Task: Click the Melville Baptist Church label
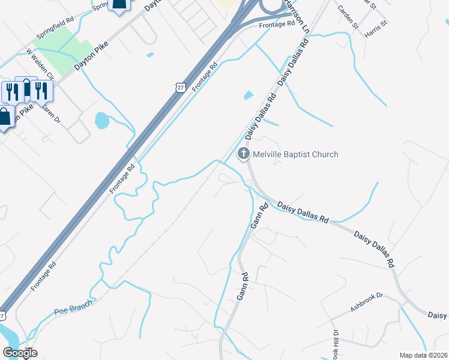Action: click(x=295, y=155)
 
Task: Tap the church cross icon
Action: click(x=244, y=154)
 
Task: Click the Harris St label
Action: click(x=376, y=28)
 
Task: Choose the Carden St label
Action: click(x=348, y=17)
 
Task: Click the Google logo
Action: click(x=20, y=353)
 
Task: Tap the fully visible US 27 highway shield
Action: click(x=181, y=87)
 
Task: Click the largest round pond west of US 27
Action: click(x=102, y=121)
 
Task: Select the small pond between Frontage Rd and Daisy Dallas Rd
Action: click(x=249, y=95)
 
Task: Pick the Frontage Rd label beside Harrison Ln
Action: click(x=277, y=24)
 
